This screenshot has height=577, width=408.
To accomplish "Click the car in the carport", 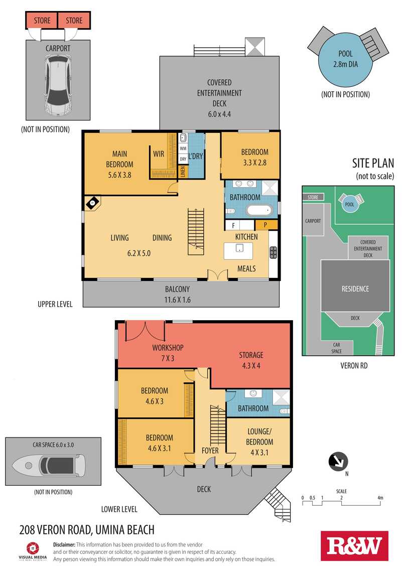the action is [58, 85].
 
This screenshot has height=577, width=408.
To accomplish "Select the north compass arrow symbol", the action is [338, 462].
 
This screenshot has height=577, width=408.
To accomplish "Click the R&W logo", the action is [354, 546].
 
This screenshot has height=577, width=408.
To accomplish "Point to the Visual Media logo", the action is [33, 551].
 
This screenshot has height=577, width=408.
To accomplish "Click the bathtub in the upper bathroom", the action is [259, 211].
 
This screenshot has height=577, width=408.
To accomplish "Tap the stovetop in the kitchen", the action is [274, 252].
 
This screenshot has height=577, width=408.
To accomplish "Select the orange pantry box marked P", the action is [265, 224].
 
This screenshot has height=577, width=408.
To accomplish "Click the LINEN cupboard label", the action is [183, 172].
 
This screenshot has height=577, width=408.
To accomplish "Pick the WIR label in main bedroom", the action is [159, 154].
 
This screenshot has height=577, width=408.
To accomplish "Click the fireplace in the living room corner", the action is [93, 203].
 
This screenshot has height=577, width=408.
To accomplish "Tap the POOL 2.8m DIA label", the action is [345, 59].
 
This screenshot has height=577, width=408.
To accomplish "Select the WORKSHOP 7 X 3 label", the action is [168, 353].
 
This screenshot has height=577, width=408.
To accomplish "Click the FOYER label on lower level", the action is [210, 451].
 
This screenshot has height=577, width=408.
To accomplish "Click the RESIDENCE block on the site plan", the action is [355, 285].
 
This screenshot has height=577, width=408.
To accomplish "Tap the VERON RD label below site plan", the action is [354, 365].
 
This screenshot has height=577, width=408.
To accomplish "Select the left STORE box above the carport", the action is [42, 21].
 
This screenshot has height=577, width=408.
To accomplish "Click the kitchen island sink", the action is [239, 248].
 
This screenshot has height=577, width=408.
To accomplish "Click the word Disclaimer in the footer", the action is [64, 544].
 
